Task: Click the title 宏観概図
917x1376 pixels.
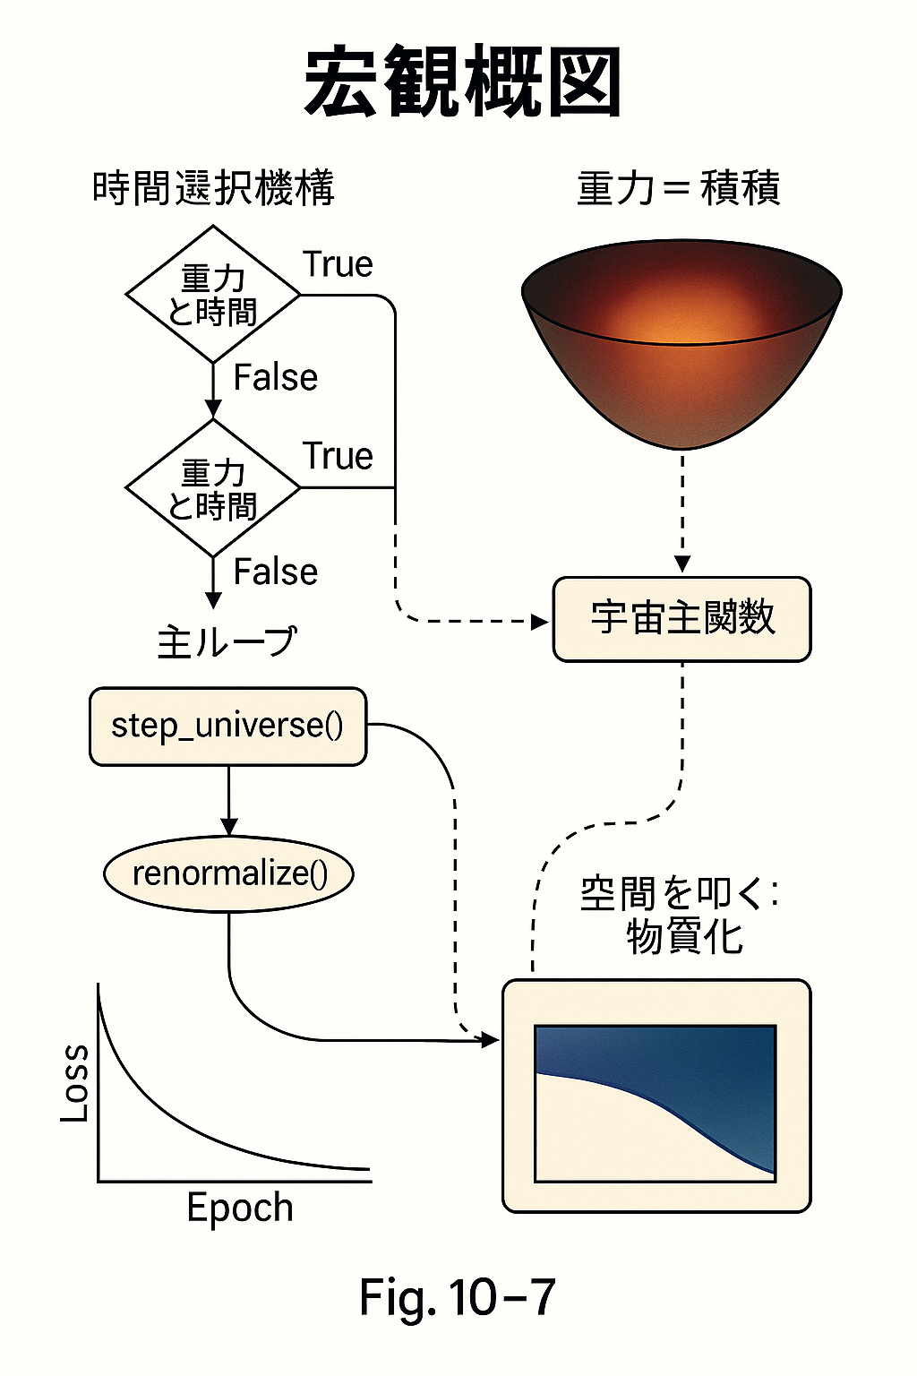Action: point(462,82)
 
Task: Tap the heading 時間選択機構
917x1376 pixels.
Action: point(213,189)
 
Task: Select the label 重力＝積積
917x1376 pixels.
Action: point(678,189)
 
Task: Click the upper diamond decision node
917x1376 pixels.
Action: point(213,295)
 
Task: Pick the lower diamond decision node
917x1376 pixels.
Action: point(213,488)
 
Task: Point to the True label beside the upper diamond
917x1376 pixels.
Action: point(338,264)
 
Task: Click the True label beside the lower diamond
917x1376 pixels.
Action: point(338,457)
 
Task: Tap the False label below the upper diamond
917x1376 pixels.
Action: point(275,378)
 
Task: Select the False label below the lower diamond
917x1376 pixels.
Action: point(275,572)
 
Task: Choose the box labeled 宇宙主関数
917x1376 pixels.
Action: point(682,619)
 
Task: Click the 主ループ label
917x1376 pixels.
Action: point(227,642)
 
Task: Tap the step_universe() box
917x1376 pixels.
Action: point(227,726)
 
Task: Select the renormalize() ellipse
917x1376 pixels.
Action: point(229,873)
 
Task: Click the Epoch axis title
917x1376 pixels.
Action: point(240,1208)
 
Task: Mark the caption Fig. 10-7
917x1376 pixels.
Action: point(457,1297)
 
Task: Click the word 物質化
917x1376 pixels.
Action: point(685,938)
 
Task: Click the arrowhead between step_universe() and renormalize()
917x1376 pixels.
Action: point(229,826)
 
